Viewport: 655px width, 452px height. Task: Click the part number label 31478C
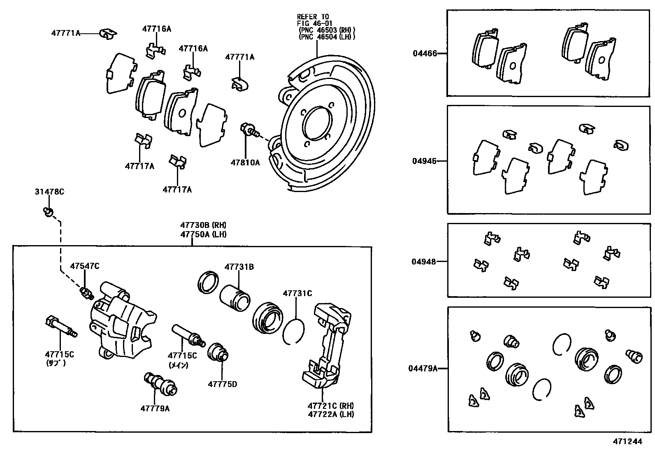[49, 192]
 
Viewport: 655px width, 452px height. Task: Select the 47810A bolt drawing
[249, 130]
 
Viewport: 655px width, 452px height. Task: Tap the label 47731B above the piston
[239, 267]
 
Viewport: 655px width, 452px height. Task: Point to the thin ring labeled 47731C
[294, 331]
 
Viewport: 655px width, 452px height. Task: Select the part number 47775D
[222, 385]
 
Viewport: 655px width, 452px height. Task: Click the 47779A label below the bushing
[155, 408]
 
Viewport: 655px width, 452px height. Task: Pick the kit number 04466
[425, 53]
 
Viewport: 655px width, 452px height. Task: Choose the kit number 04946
[425, 161]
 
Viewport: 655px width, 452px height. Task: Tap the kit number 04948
[424, 261]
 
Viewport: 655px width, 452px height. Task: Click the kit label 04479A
[423, 369]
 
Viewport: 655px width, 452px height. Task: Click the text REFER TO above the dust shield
[313, 17]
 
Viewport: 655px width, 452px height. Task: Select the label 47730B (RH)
[203, 225]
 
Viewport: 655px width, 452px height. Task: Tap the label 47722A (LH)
[331, 414]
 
